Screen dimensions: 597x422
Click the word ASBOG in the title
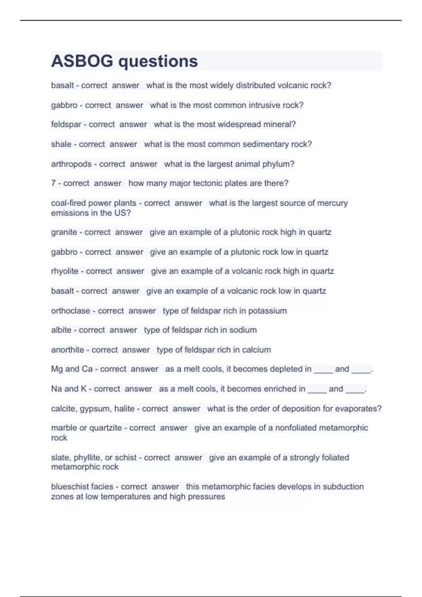click(82, 61)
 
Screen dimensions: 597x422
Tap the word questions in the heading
click(158, 62)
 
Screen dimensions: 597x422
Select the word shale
click(61, 144)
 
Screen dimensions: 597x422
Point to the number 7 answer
click(53, 183)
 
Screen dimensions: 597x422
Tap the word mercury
click(332, 203)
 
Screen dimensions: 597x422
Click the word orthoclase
click(70, 311)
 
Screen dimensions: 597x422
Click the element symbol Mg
click(57, 369)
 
